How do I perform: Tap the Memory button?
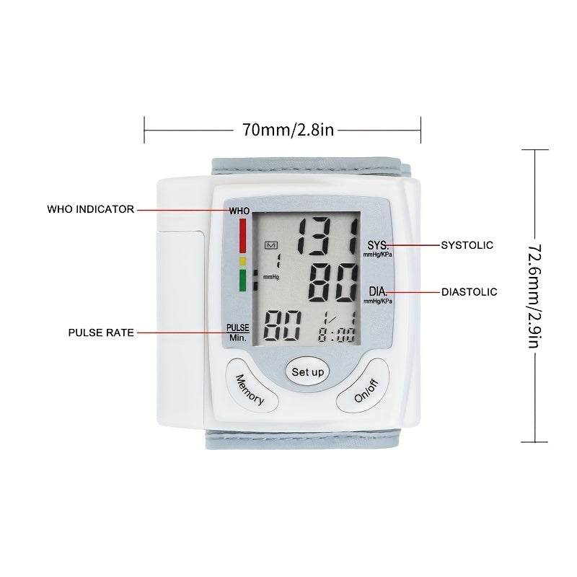(x=251, y=385)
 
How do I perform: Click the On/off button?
(x=364, y=385)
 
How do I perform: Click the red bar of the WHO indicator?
(x=242, y=236)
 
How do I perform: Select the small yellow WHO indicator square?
(x=242, y=261)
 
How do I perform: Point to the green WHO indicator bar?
(x=242, y=281)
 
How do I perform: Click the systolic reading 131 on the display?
(x=327, y=237)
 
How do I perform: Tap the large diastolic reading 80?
(x=332, y=283)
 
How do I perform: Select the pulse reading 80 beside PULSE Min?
(x=282, y=325)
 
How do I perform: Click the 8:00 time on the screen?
(x=336, y=335)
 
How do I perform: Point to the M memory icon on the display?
(x=271, y=245)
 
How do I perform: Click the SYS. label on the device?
(x=378, y=245)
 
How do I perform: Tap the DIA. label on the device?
(x=378, y=292)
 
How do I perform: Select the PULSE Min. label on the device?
(x=238, y=332)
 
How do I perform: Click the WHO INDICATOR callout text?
(x=91, y=209)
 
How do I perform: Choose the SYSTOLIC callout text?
(x=467, y=245)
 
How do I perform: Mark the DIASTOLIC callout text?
(x=470, y=292)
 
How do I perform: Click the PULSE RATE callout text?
(x=101, y=332)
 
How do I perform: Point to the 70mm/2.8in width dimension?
(x=288, y=130)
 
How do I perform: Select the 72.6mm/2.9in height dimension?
(x=534, y=296)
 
